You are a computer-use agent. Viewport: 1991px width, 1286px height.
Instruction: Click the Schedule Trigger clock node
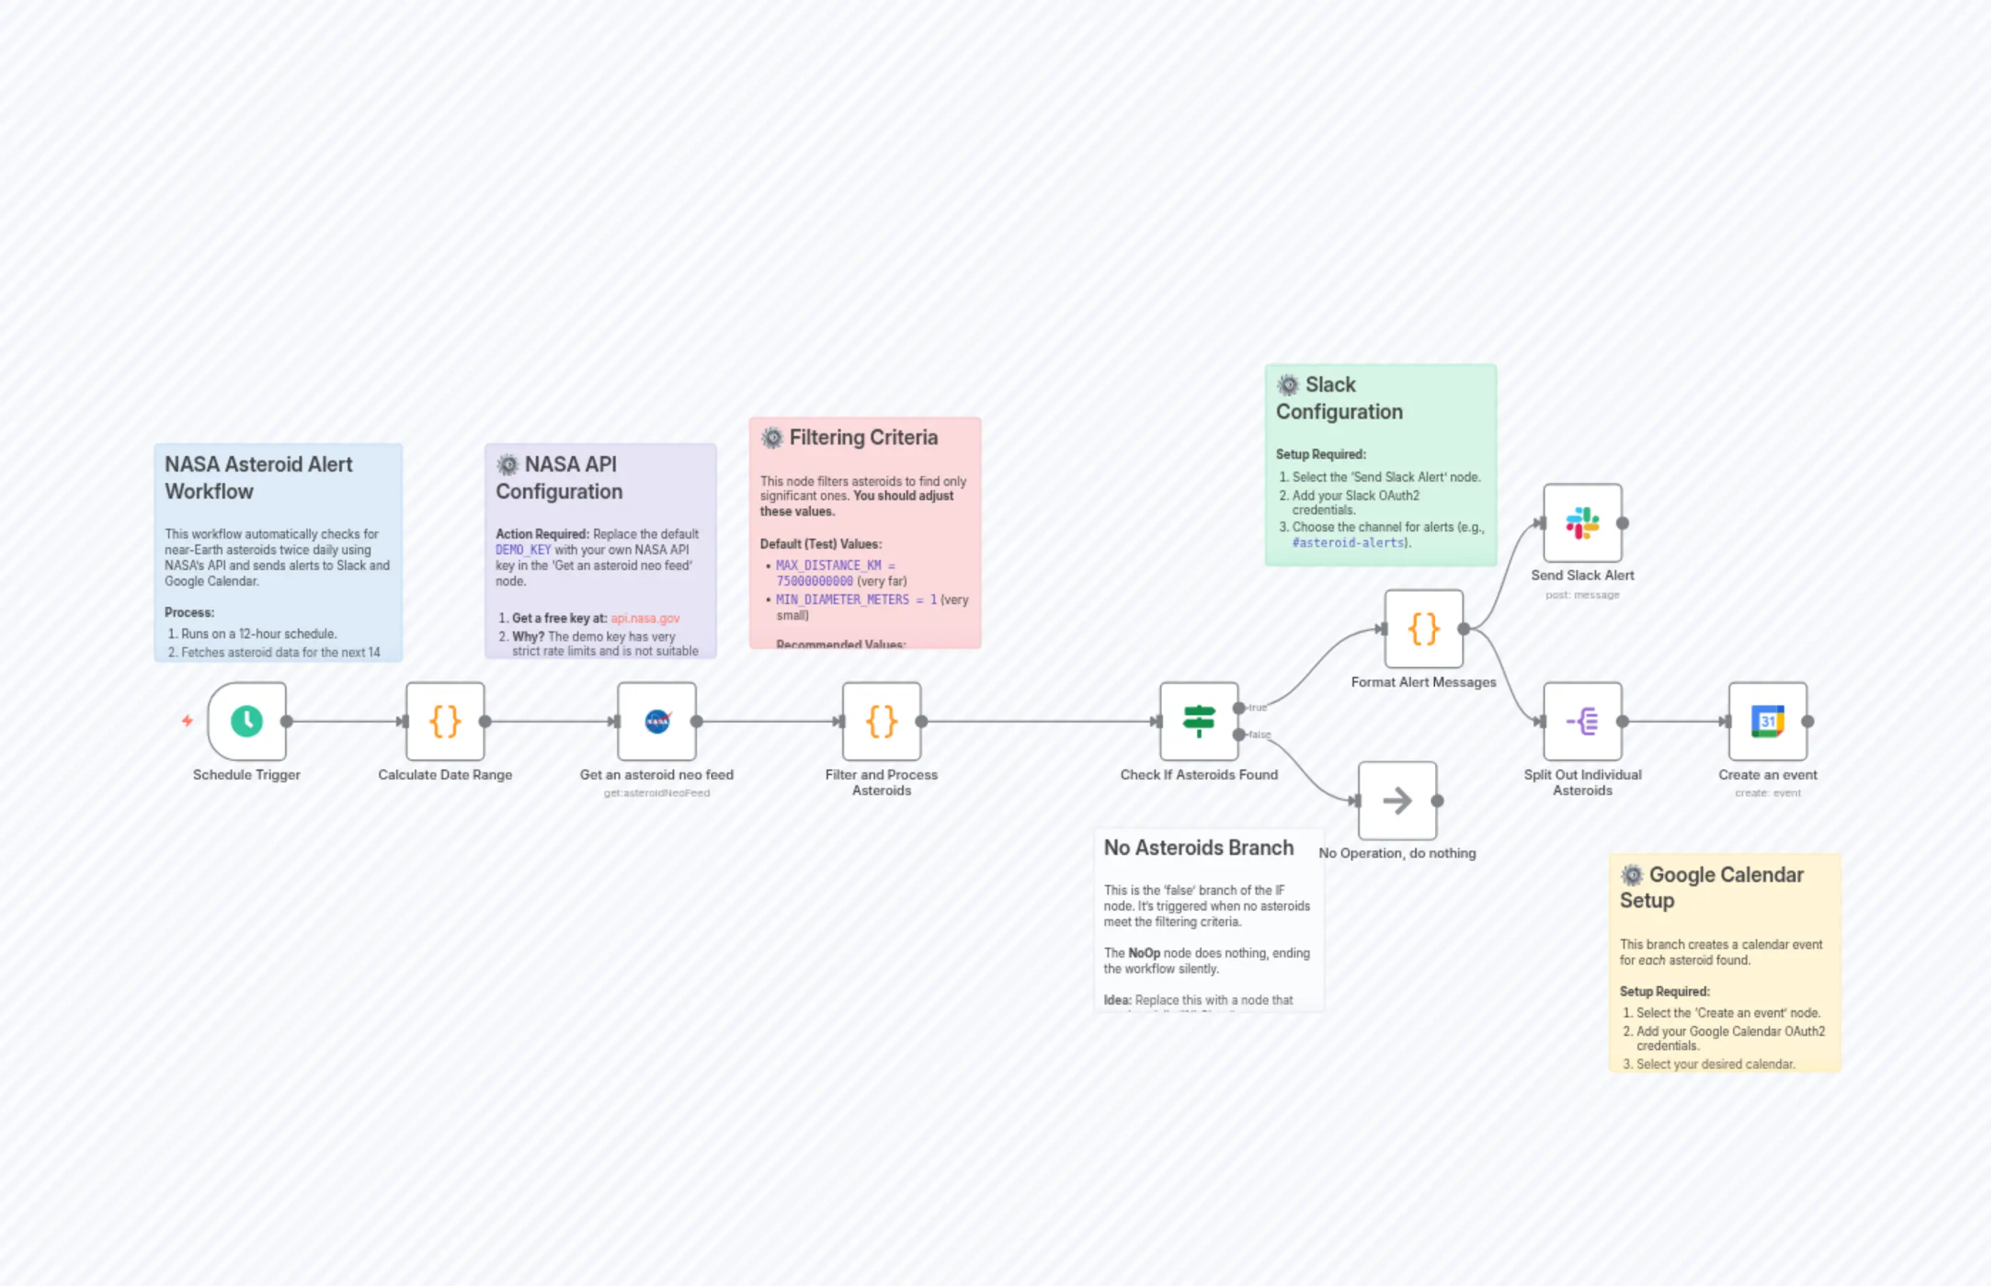(x=247, y=721)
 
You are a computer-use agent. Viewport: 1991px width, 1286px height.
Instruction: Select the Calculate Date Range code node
(x=445, y=721)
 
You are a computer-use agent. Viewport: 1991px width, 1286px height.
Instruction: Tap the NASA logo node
(x=657, y=721)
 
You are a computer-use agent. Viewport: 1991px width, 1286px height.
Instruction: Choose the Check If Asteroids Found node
(x=1199, y=721)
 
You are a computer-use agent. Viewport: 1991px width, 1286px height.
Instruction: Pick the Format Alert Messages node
(x=1423, y=629)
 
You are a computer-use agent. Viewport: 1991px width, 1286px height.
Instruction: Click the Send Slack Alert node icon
(x=1582, y=523)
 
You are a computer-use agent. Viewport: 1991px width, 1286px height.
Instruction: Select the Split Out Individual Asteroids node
(x=1582, y=721)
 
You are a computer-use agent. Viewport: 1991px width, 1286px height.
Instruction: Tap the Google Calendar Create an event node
(x=1767, y=721)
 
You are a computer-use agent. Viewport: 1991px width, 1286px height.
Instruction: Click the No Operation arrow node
(x=1397, y=800)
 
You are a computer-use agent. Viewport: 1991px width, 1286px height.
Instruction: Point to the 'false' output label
(x=1259, y=735)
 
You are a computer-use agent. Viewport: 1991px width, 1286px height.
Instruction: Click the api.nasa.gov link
(x=645, y=618)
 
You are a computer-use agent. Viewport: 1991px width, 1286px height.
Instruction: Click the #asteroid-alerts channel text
(x=1348, y=543)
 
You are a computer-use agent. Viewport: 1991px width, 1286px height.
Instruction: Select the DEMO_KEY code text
(x=523, y=549)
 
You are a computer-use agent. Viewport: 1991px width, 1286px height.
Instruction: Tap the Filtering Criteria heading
(x=863, y=437)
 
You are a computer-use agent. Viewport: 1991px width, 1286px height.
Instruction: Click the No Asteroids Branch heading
(x=1199, y=848)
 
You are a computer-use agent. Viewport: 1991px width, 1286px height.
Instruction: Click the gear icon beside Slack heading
(x=1288, y=385)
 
